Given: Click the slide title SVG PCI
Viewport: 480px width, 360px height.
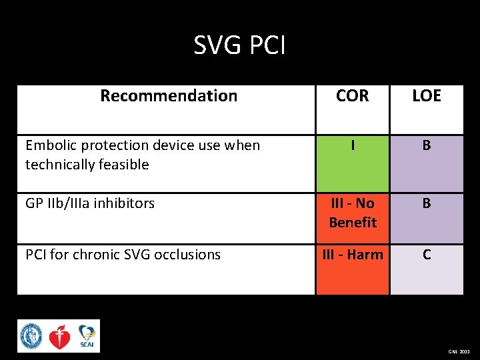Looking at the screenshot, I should point(239,45).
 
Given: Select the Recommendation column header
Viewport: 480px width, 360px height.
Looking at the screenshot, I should point(169,96).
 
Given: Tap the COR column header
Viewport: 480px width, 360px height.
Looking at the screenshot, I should point(352,96).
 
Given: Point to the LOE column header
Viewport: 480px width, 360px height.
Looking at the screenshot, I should point(427,96).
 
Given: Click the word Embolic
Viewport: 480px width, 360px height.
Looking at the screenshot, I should point(49,145).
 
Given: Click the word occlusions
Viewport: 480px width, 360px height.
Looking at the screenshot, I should point(188,255).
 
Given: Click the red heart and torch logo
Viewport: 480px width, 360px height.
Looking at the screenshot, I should point(59,337).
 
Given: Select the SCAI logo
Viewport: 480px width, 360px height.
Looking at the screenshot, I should point(87,336).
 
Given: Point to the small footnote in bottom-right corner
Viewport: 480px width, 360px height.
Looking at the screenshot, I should point(458,350).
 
